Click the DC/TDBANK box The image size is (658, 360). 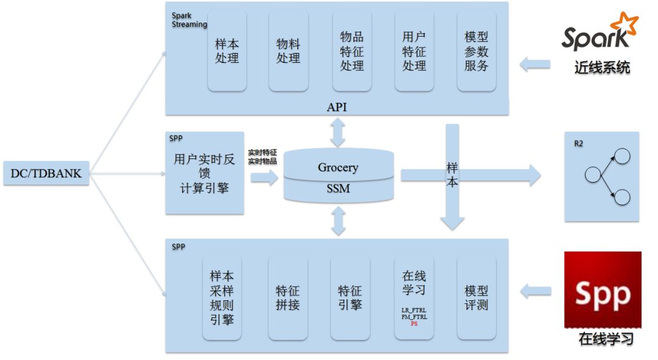[x=46, y=174]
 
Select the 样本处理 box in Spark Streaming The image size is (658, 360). [x=227, y=51]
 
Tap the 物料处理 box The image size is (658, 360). [x=288, y=51]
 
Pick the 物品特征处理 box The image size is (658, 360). [x=352, y=51]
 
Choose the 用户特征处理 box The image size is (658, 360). [x=414, y=51]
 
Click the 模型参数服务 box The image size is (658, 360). [x=476, y=51]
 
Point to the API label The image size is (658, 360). [x=337, y=107]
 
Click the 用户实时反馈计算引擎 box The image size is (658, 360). [x=204, y=174]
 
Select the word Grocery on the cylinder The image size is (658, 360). [x=338, y=167]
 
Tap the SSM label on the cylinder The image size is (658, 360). [x=338, y=188]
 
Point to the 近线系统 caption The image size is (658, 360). [x=602, y=68]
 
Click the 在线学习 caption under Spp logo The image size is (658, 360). [x=606, y=339]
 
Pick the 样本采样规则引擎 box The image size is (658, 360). [x=222, y=297]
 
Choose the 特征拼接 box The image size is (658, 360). [x=288, y=297]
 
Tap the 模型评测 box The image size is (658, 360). [x=476, y=297]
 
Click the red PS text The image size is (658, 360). [x=414, y=323]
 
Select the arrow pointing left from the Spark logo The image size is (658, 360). [x=535, y=64]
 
